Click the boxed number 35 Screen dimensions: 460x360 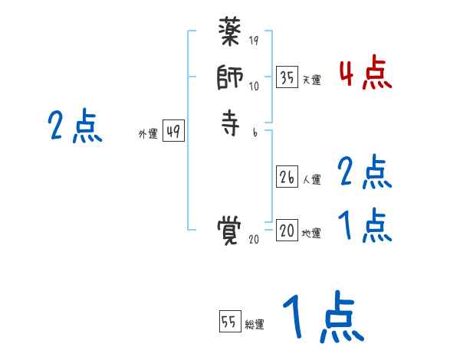click(x=287, y=77)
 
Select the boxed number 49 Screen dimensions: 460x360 click(x=172, y=132)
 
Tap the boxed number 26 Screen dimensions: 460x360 click(x=287, y=177)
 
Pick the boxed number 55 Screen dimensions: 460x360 click(x=229, y=322)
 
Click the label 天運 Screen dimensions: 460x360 click(x=310, y=80)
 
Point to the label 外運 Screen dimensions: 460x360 click(x=148, y=134)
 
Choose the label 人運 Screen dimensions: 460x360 click(x=310, y=180)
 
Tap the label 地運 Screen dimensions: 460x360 click(x=310, y=234)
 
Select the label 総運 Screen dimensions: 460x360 click(x=254, y=325)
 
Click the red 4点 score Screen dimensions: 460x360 click(x=365, y=74)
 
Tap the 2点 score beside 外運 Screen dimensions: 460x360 click(x=75, y=126)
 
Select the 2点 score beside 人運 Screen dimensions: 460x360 click(x=365, y=172)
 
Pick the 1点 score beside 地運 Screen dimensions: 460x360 click(x=365, y=224)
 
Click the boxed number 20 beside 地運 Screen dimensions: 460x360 click(x=287, y=231)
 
